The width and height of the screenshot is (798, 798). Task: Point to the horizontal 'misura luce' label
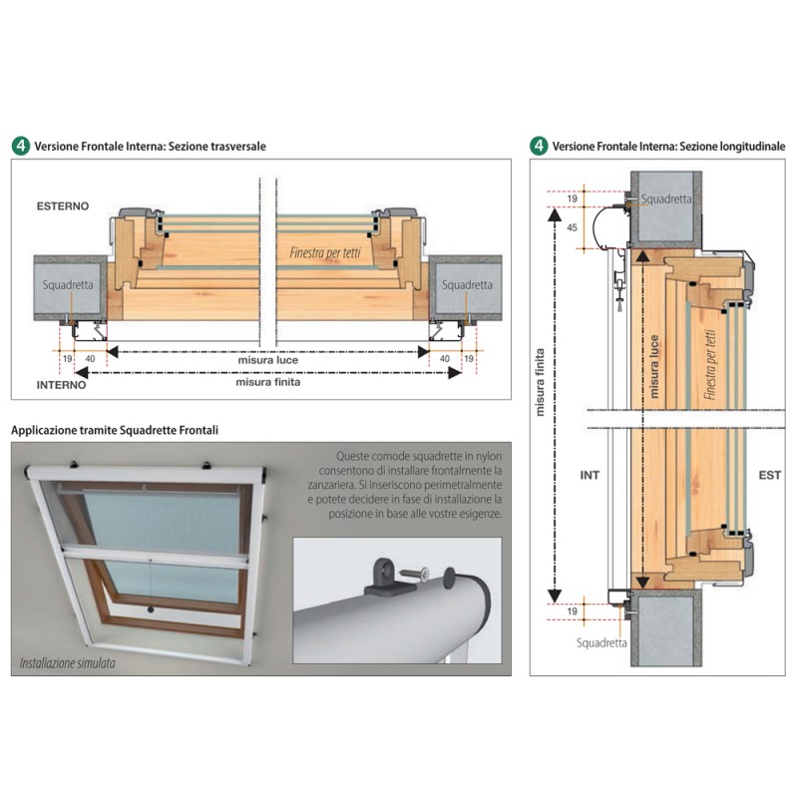267,359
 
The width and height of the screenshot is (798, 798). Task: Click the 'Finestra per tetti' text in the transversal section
319,252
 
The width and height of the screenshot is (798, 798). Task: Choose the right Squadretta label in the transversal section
466,284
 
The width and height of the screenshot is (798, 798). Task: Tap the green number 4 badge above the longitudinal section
539,146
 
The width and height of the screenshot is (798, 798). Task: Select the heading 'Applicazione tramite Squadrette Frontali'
115,430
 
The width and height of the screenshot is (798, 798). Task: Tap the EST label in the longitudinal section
769,475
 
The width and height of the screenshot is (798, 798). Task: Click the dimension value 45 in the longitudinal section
571,227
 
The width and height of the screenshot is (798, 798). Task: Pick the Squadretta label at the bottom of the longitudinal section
602,642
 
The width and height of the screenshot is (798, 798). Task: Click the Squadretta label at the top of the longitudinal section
665,199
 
